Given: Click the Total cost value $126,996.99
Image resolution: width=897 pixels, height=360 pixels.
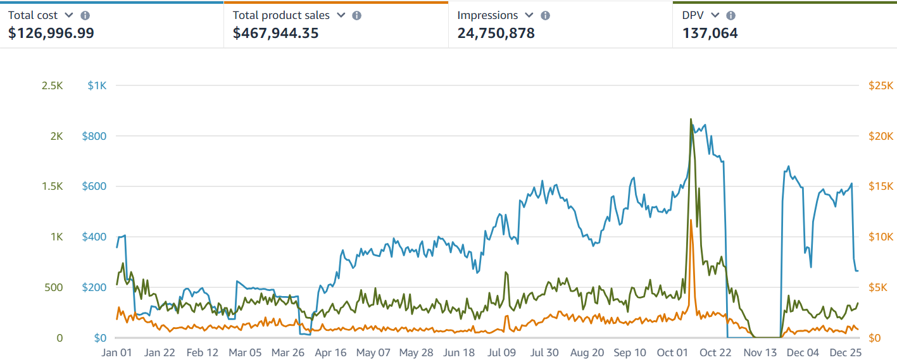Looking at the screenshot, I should tap(51, 34).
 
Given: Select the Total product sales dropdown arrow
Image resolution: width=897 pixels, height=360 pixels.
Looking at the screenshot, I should tap(341, 15).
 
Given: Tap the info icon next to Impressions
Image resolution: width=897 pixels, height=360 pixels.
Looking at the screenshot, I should tap(546, 15).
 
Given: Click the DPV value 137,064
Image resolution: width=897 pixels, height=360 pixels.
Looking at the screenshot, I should tap(710, 34).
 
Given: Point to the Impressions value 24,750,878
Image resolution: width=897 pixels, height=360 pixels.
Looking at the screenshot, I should tap(496, 34).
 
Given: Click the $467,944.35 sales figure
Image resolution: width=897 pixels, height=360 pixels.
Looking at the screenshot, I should tap(275, 34).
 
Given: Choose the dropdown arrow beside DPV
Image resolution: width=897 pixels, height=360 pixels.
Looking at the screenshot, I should tap(715, 15).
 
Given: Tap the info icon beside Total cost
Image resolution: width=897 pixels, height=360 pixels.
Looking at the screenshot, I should tap(85, 15).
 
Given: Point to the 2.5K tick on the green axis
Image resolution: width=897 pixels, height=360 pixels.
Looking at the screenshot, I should tap(52, 85).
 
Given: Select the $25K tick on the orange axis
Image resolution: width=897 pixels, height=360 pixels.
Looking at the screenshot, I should tap(880, 85).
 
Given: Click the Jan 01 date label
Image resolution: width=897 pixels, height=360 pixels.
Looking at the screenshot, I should tap(116, 352).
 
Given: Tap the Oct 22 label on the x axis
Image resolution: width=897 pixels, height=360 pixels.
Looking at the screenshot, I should tap(716, 352).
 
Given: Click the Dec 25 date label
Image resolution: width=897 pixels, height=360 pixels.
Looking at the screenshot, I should tap(844, 352).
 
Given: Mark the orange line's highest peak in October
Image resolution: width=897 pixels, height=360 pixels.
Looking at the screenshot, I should tap(691, 220).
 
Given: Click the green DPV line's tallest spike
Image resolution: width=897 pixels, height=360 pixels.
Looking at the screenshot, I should tap(691, 119).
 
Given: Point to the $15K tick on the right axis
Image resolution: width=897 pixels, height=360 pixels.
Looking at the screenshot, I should tap(880, 187).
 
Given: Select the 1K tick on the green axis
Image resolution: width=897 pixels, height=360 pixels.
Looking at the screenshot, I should tap(56, 237).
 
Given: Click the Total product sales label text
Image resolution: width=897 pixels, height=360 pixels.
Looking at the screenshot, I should tap(281, 15).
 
